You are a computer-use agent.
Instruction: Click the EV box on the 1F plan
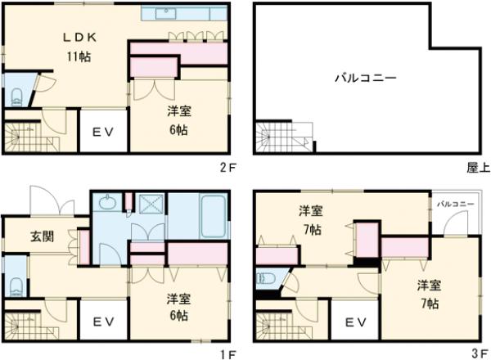[x=102, y=322]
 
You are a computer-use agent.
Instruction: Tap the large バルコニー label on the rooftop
[x=366, y=79]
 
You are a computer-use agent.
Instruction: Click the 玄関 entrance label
[x=43, y=237]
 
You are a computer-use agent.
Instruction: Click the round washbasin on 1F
[x=107, y=203]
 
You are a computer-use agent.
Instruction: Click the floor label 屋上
[x=478, y=168]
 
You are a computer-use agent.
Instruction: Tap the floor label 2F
[x=228, y=168]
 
